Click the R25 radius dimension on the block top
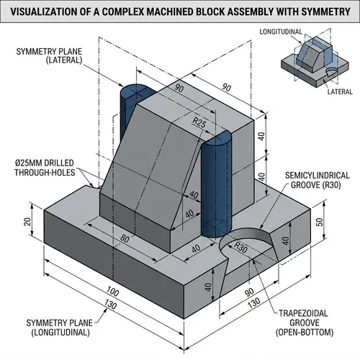200,124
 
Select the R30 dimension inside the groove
239,247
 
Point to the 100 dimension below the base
111,292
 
